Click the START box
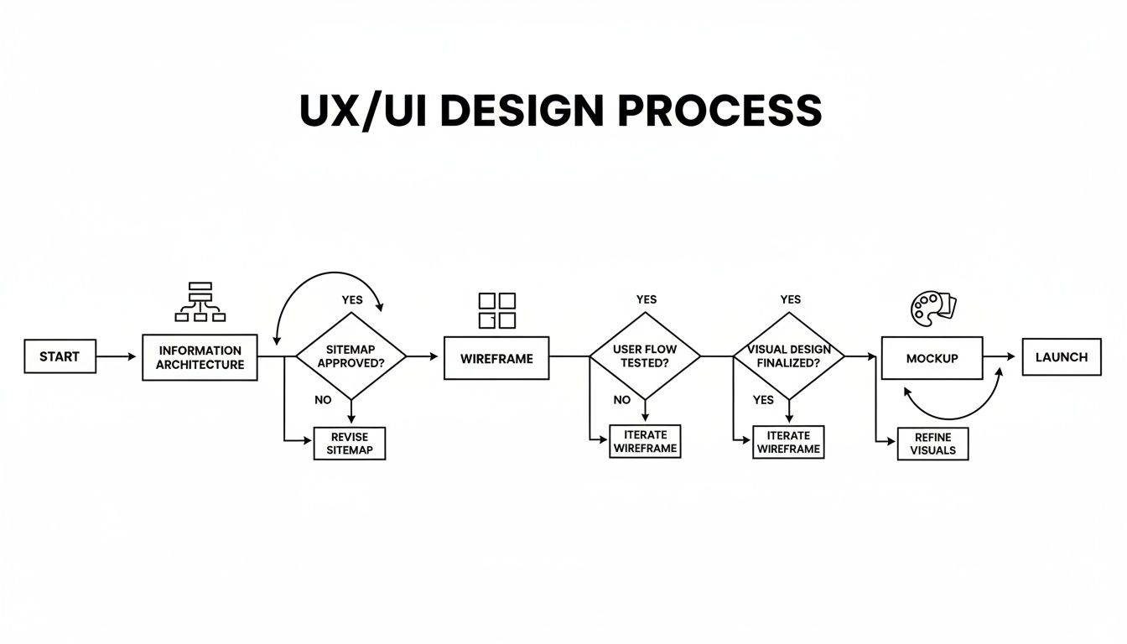point(60,356)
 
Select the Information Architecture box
point(200,357)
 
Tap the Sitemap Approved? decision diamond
point(351,356)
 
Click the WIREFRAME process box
point(496,358)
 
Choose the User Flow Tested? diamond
point(645,356)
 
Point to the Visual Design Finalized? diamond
point(788,356)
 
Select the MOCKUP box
point(932,358)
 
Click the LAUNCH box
point(1062,357)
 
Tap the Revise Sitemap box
point(350,443)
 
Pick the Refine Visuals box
point(932,444)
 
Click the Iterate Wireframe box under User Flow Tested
point(645,441)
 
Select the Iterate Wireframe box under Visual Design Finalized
point(788,442)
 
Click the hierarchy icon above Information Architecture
point(200,302)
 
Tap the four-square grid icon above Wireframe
point(496,310)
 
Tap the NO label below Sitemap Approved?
point(323,400)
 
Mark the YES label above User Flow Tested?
point(647,299)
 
